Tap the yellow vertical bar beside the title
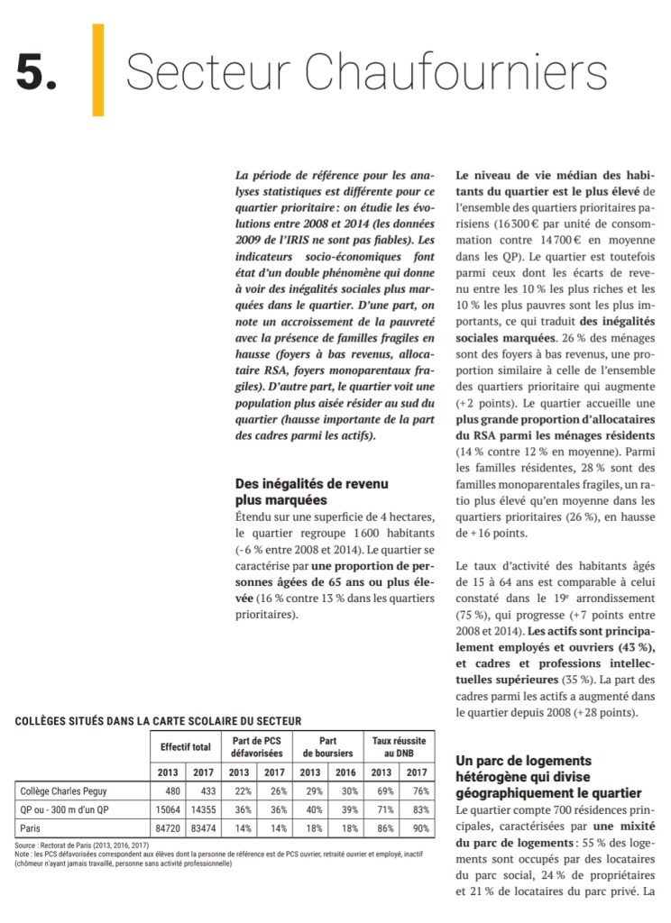click(97, 69)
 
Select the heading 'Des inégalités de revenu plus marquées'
click(312, 491)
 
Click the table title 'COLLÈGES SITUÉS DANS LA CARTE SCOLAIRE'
click(158, 720)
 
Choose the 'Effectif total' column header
click(186, 746)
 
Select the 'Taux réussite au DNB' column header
click(400, 746)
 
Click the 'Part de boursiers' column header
click(327, 746)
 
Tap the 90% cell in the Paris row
click(417, 827)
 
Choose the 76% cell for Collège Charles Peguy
click(417, 791)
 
